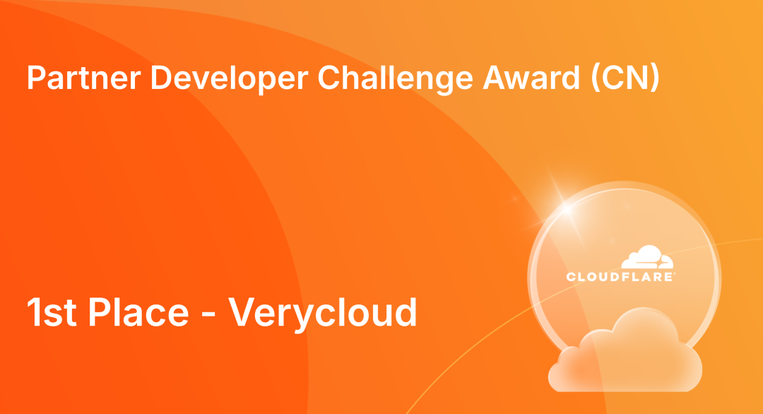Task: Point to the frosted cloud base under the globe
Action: [x=625, y=353]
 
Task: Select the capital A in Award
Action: [x=494, y=78]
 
